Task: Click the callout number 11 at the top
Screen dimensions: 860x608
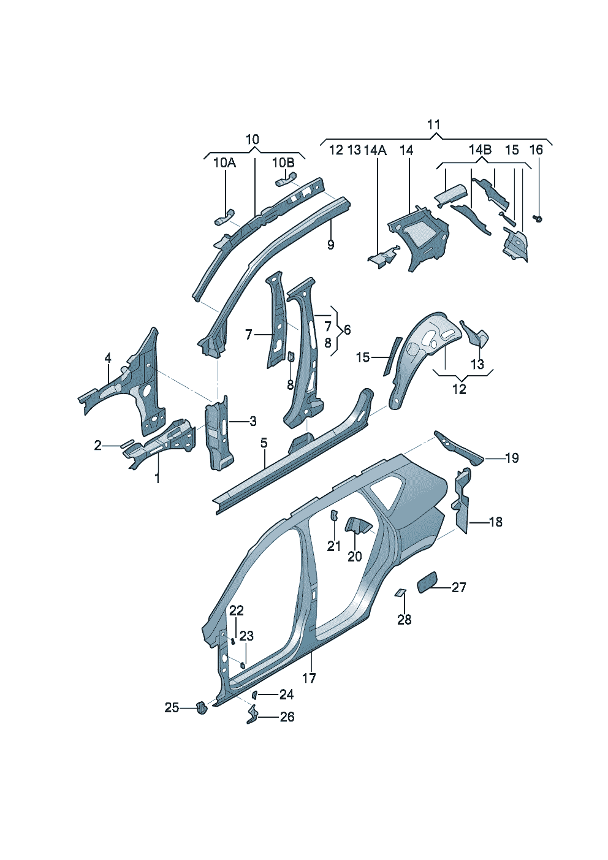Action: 433,125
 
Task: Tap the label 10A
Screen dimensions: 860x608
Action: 224,163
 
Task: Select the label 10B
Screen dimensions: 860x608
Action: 283,163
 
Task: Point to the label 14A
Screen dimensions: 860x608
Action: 375,150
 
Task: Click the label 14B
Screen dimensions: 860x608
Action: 480,150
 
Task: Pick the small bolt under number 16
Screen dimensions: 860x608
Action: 538,218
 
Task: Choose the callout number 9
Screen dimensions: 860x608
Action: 331,245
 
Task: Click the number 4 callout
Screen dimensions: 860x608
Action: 108,358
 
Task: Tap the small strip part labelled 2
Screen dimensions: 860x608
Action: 127,443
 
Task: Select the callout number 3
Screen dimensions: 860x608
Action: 253,422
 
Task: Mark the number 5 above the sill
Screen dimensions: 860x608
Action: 264,443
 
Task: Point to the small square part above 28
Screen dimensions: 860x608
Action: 400,592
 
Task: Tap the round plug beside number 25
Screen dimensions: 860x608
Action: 200,707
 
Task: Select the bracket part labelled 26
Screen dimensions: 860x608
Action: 251,715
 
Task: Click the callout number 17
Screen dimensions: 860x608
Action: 309,678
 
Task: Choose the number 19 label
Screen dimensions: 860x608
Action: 512,458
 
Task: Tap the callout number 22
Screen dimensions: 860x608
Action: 237,611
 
